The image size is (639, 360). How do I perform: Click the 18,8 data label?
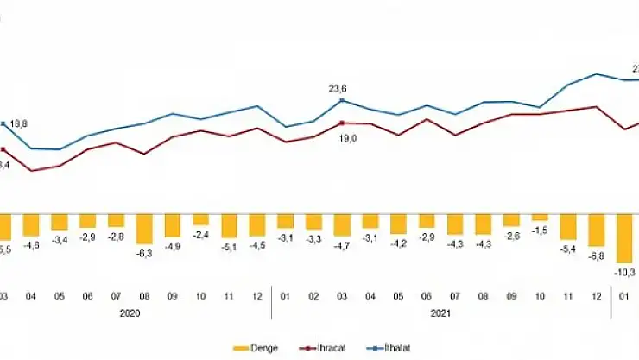point(19,124)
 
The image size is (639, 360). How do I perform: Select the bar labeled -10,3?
point(624,238)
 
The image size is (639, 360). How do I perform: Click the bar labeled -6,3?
point(144,229)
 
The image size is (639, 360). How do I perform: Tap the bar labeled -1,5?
point(540,217)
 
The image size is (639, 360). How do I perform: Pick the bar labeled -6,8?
point(596,230)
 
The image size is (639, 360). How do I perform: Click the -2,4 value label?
point(200,234)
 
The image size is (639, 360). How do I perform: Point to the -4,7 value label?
point(342,245)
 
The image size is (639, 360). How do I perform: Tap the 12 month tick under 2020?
point(257,296)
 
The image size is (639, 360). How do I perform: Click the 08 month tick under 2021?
point(483,296)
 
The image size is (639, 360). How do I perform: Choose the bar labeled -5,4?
point(567,226)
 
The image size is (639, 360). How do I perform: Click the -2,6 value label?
point(511,236)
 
